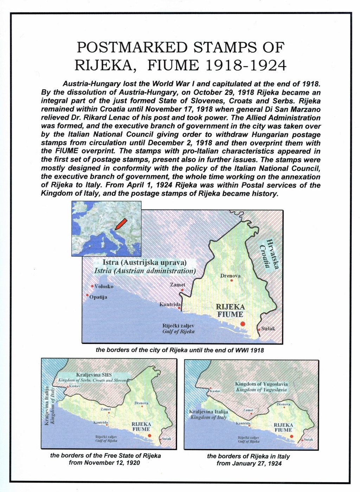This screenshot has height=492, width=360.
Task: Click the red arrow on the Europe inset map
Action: click(121, 224)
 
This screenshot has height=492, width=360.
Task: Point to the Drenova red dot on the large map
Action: click(231, 280)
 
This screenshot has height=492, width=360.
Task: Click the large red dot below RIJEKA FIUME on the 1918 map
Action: click(242, 324)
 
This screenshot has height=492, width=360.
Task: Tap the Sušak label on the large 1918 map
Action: click(268, 329)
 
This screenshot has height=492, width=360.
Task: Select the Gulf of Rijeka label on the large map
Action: click(179, 331)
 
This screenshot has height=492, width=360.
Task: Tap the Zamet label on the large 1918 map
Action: click(178, 285)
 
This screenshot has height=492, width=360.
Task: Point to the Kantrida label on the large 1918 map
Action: click(170, 304)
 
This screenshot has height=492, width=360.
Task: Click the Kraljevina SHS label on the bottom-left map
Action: click(94, 375)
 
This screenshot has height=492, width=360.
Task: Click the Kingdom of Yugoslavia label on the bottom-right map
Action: click(262, 384)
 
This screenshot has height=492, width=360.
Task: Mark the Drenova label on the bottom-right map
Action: click(283, 404)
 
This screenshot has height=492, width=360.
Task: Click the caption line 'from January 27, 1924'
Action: click(249, 464)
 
